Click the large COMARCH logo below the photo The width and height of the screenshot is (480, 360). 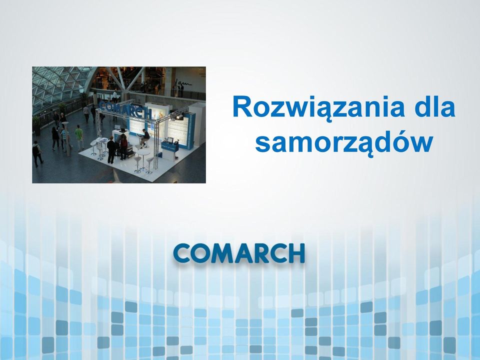(x=239, y=253)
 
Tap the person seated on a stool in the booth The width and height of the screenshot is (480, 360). (x=145, y=137)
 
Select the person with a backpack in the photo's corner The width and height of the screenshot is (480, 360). (x=37, y=153)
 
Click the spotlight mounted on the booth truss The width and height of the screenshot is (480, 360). (x=179, y=116)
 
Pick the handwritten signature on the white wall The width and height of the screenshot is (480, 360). (x=183, y=82)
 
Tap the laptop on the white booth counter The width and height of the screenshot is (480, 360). (x=117, y=127)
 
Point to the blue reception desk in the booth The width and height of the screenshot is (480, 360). (x=170, y=147)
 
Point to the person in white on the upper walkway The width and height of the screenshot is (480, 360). (x=115, y=96)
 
